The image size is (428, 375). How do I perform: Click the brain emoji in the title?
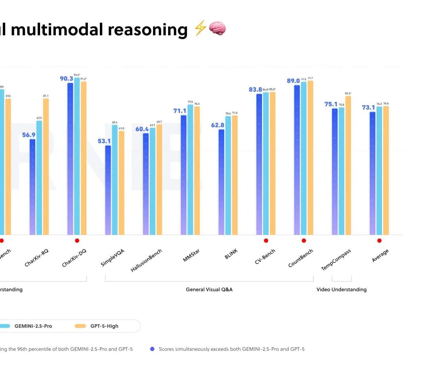tap(217, 29)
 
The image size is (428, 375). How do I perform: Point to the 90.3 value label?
tap(66, 79)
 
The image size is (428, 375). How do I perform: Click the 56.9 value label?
tap(29, 135)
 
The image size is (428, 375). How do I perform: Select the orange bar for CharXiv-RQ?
tap(46, 166)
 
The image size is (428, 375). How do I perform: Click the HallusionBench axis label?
tap(147, 261)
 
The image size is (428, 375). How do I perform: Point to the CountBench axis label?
tap(301, 258)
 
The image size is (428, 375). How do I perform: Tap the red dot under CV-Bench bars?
tap(266, 240)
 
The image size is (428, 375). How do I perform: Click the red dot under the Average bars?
tap(379, 240)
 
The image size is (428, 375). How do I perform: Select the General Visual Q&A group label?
tap(209, 290)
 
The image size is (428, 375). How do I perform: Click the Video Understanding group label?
tap(341, 290)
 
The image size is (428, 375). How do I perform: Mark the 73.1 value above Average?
tap(368, 108)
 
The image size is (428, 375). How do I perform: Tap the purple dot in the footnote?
tap(152, 349)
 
